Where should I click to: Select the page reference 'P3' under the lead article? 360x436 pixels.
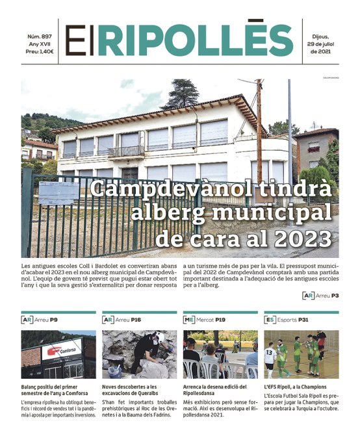pyautogui.click(x=335, y=296)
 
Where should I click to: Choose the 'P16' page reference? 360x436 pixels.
pyautogui.click(x=136, y=320)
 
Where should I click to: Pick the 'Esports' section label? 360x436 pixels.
pyautogui.click(x=290, y=320)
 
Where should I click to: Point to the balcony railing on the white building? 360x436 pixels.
pyautogui.click(x=125, y=151)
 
